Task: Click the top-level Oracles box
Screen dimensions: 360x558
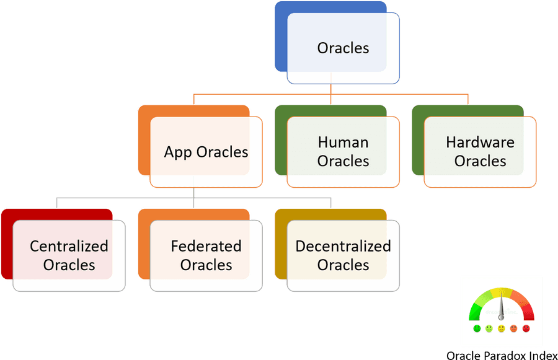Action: point(343,48)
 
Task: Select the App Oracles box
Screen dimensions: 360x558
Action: point(206,152)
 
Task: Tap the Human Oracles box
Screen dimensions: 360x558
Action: point(343,152)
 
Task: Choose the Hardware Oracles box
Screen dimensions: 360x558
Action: point(480,152)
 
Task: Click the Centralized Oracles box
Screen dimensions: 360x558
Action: point(69,255)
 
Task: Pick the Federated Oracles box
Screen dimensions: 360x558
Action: point(206,255)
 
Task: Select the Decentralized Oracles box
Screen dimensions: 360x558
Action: point(343,255)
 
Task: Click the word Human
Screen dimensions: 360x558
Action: point(343,143)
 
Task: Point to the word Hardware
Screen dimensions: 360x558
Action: point(480,143)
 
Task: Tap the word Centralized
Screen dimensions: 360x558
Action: point(69,246)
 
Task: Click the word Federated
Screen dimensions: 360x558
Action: point(206,246)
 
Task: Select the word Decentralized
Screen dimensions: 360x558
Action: point(343,246)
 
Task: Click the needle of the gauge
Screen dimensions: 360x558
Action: point(502,307)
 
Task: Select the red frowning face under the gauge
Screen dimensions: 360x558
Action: point(526,328)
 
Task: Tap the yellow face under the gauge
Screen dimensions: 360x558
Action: point(502,328)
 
